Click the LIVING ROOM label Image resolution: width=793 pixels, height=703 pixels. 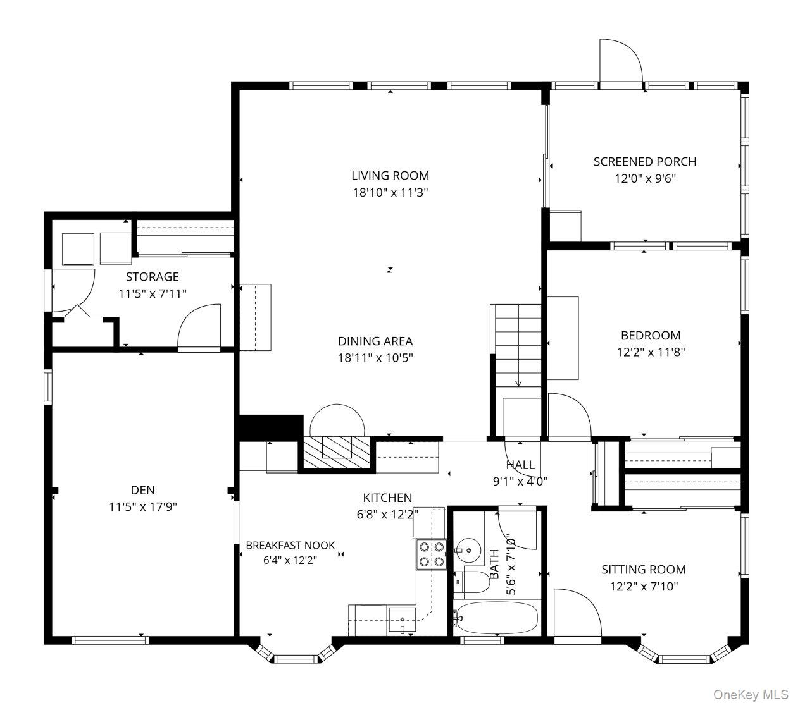coord(390,176)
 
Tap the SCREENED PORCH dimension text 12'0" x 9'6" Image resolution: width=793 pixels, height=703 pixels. coord(645,179)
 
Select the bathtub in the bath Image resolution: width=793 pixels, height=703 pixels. coord(497,618)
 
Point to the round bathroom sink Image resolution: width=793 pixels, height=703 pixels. coord(469,550)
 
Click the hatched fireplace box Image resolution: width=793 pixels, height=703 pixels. coord(337,452)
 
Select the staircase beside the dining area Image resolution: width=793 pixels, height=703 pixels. coord(518,346)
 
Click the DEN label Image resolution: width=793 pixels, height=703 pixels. coord(143,490)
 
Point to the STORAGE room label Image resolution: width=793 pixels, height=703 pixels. coord(153,277)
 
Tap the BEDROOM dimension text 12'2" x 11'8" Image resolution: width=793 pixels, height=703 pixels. coord(651,352)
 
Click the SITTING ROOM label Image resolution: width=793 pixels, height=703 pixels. coord(644,570)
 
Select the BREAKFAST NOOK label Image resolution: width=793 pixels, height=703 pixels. coord(290,546)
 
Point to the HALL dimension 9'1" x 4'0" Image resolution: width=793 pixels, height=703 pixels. coord(520,481)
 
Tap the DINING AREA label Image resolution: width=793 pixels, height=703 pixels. coord(375,341)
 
